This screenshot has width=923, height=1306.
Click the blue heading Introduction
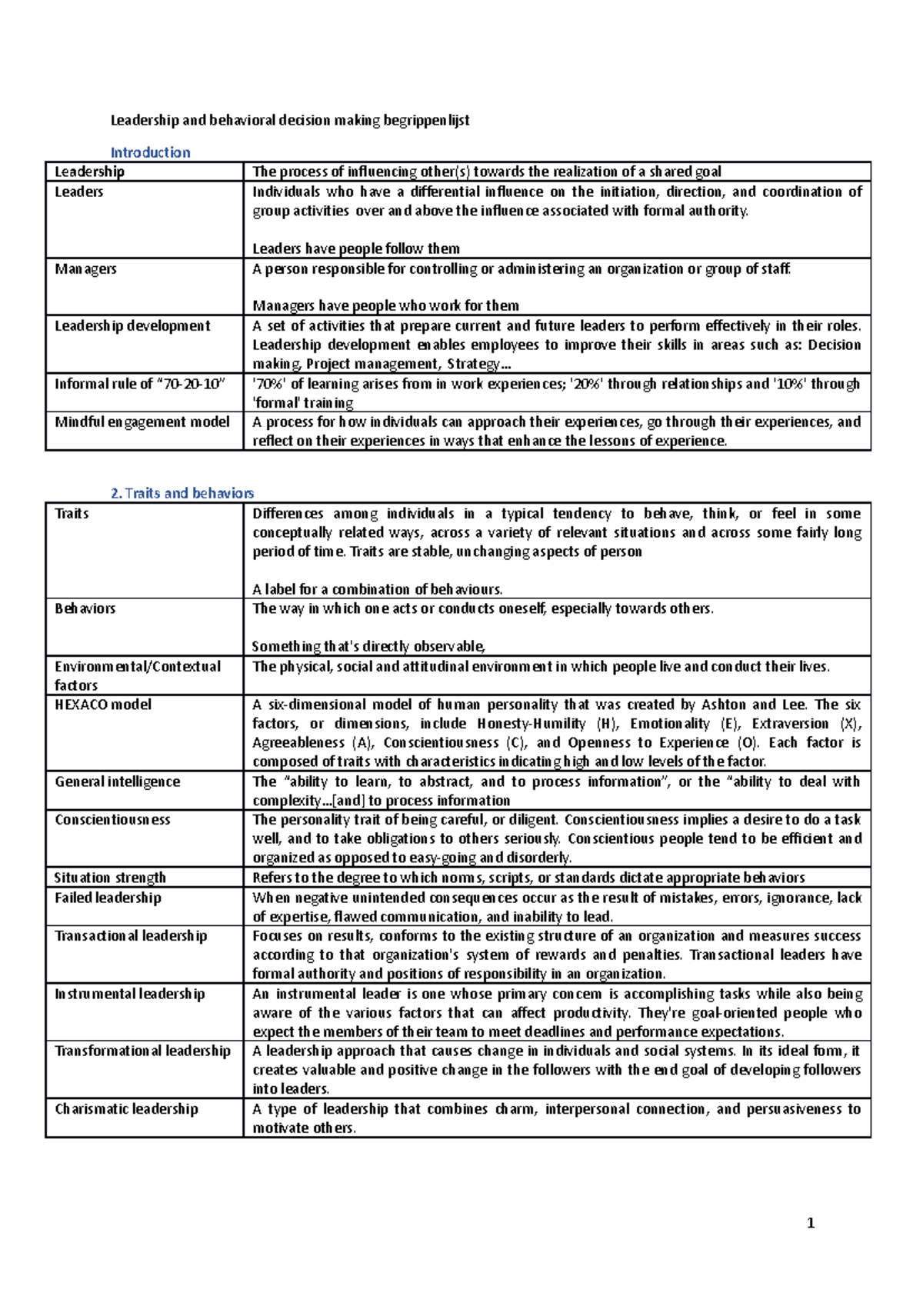click(x=150, y=152)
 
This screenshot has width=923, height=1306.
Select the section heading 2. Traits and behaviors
click(x=182, y=493)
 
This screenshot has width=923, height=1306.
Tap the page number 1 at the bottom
click(x=811, y=1223)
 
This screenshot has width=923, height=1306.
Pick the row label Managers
click(x=85, y=268)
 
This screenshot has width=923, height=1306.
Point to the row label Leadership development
click(x=132, y=325)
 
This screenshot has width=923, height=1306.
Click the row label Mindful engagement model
click(x=142, y=421)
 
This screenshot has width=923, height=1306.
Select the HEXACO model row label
click(x=102, y=705)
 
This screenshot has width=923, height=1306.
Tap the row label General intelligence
click(x=117, y=781)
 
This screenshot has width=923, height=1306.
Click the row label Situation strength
click(x=109, y=878)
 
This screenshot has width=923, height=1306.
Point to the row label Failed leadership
click(x=108, y=898)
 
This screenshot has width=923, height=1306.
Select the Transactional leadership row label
click(x=130, y=936)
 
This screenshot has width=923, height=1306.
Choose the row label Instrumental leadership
click(x=129, y=994)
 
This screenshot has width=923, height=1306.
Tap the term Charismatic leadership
click(x=126, y=1108)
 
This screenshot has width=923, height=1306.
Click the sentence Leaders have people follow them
click(x=356, y=248)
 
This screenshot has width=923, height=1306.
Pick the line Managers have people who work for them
click(x=385, y=305)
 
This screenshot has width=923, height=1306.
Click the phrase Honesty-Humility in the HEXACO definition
click(x=531, y=724)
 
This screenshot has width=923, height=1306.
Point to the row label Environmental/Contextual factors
click(x=137, y=675)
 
